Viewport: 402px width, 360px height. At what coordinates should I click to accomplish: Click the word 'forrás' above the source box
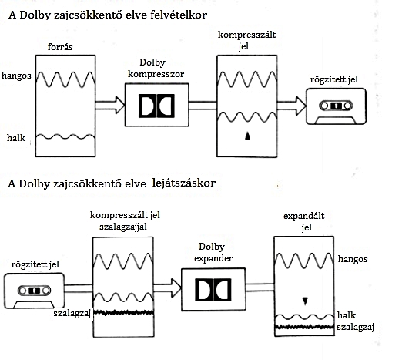(x=60, y=47)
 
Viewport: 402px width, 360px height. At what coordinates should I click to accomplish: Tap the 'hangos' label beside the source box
(x=16, y=76)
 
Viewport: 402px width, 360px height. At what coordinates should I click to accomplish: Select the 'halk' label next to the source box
(x=16, y=138)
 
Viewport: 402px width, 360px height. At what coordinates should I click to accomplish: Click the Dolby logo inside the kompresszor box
(x=156, y=106)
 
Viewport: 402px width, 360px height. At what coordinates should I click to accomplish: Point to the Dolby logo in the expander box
(x=213, y=290)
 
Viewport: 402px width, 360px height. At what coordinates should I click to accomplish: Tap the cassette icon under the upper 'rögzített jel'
(x=336, y=106)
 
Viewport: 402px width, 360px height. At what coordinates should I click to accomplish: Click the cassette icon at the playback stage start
(x=34, y=291)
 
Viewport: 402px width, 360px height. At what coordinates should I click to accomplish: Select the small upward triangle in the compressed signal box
(x=247, y=136)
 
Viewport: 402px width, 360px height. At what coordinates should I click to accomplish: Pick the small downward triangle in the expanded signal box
(x=305, y=301)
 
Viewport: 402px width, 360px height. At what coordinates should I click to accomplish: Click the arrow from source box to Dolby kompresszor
(x=110, y=105)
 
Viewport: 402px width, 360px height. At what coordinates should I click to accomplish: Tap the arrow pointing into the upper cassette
(x=292, y=106)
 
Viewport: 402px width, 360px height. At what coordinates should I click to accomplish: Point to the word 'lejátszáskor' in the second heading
(x=184, y=183)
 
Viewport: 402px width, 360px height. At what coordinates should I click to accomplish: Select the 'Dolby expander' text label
(x=213, y=252)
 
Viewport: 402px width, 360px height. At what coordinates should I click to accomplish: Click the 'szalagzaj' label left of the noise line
(x=72, y=314)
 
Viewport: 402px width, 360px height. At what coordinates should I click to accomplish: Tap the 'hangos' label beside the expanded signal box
(x=353, y=259)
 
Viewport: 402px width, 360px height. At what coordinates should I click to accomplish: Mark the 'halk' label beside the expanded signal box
(x=347, y=315)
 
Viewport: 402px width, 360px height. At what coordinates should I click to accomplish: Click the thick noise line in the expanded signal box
(x=304, y=327)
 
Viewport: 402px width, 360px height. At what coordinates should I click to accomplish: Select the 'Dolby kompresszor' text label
(x=156, y=69)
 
